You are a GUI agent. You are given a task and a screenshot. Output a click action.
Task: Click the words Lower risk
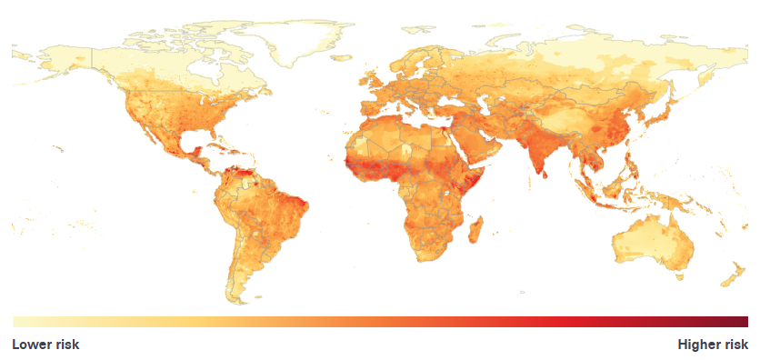pos(45,345)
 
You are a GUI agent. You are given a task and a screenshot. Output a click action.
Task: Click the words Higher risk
pos(713,345)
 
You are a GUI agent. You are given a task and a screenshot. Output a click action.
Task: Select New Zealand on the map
pos(727,273)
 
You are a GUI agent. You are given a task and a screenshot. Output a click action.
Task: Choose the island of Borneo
pos(625,186)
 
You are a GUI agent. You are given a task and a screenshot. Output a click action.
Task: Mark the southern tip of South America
pos(239,293)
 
